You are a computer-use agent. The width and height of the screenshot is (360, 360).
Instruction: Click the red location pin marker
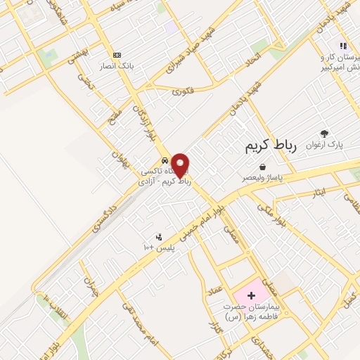click(181, 165)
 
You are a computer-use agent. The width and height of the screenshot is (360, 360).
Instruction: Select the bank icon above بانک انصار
click(117, 55)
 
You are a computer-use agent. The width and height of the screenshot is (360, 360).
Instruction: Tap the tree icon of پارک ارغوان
click(324, 134)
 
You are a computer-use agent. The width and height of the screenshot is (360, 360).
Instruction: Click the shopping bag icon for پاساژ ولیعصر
click(262, 167)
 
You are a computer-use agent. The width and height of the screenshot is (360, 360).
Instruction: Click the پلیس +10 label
click(160, 247)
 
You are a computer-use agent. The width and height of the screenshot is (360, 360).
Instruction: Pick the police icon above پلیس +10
click(160, 237)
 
